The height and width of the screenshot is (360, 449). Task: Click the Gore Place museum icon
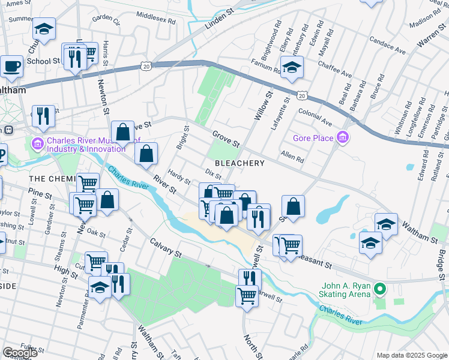tap(343, 138)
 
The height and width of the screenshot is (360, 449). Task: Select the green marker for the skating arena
tap(379, 289)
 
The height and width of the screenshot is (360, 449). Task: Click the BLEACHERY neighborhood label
tap(240, 163)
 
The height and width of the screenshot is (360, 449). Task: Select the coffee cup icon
tap(11, 65)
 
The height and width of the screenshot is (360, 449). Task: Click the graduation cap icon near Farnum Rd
tap(292, 67)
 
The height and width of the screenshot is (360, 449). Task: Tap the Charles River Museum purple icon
tap(37, 144)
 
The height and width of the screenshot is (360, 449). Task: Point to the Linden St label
tap(205, 25)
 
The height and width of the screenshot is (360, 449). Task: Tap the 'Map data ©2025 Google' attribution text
tap(411, 355)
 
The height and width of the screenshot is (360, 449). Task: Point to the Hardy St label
tap(179, 178)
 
